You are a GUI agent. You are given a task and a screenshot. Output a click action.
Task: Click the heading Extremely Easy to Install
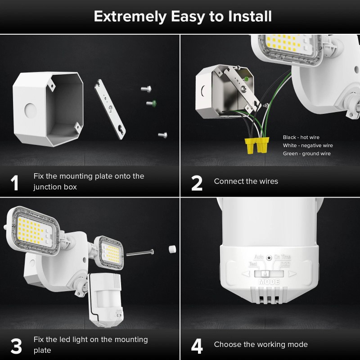[x=182, y=17]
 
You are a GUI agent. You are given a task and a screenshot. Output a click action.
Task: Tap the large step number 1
[x=15, y=182]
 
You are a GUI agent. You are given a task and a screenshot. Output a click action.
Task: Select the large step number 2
[x=197, y=182]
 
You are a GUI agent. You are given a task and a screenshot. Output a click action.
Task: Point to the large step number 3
[x=16, y=346]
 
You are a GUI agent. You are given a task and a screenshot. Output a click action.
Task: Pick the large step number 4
[x=197, y=346]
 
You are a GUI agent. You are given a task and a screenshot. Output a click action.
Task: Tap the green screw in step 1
[x=151, y=103]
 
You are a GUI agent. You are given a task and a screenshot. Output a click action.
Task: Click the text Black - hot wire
[x=301, y=137]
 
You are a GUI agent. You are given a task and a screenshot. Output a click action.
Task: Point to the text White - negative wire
[x=308, y=145]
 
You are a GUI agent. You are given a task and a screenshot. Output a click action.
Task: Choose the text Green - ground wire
[x=306, y=153]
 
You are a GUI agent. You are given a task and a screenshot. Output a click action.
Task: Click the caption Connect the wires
[x=246, y=181]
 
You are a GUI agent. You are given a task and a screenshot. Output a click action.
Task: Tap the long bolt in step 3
[x=140, y=253]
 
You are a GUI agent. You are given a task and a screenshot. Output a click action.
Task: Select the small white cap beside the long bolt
[x=171, y=249]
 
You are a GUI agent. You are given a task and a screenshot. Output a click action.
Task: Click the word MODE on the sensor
[x=269, y=282]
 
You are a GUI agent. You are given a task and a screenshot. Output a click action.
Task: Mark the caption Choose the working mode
[x=261, y=344]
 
